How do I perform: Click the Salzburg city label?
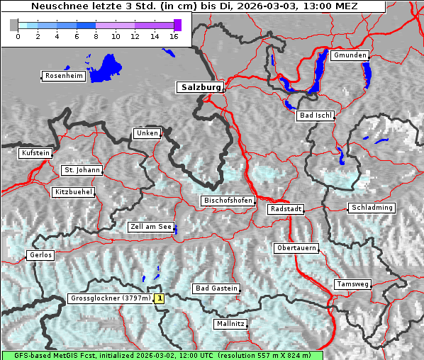(x=200, y=87)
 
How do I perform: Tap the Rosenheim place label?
(x=63, y=76)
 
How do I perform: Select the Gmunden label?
(x=350, y=55)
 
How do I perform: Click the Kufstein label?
(x=35, y=153)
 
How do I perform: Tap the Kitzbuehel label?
(x=73, y=192)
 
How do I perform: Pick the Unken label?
(x=147, y=133)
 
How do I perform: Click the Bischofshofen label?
(x=228, y=201)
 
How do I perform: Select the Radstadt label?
(x=286, y=209)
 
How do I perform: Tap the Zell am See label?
(x=151, y=227)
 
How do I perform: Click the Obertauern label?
(x=296, y=248)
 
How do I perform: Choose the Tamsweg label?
(x=352, y=284)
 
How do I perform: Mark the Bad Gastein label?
(x=216, y=288)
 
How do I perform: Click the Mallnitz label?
(x=230, y=324)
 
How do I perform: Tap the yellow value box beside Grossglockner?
(x=160, y=299)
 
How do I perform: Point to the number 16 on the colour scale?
(x=173, y=36)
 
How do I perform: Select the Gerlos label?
(x=40, y=255)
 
